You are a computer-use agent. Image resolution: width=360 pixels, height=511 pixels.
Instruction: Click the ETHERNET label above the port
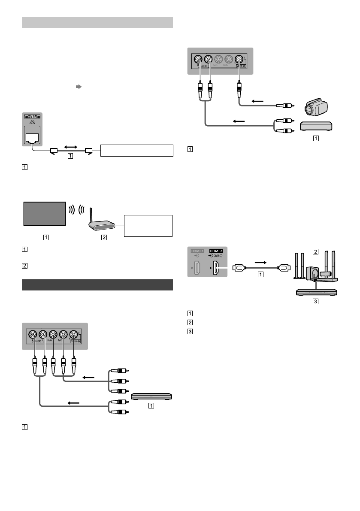coord(33,116)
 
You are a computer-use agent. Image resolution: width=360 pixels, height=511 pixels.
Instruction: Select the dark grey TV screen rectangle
coord(44,213)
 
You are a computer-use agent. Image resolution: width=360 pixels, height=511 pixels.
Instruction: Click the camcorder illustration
coord(315,107)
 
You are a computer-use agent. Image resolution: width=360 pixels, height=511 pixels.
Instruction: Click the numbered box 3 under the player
coord(315,301)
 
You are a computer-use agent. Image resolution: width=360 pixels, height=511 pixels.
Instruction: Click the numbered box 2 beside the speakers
coord(315,251)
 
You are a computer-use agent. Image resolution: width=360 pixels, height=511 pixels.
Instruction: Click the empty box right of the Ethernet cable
coord(136,151)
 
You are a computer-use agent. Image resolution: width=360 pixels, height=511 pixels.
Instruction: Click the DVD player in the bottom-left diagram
coord(151,396)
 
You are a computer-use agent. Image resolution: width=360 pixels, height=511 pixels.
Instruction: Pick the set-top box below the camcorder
coord(315,126)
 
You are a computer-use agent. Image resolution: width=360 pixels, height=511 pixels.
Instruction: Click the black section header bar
coord(97,285)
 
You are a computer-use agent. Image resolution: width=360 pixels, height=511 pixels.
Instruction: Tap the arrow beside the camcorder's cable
coord(258,101)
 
